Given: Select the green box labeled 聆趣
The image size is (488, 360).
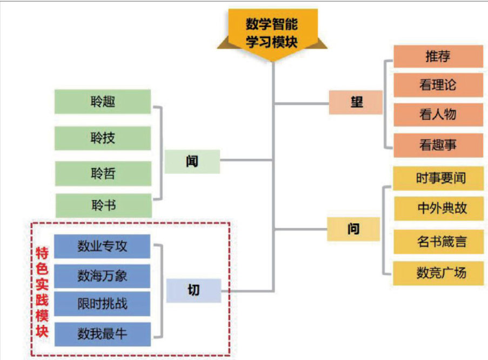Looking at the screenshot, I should click(x=103, y=102).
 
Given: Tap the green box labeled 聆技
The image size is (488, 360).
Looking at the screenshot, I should click(x=103, y=138).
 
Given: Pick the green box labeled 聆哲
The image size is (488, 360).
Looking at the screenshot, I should click(x=103, y=174).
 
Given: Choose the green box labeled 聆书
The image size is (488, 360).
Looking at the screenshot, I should click(x=103, y=205).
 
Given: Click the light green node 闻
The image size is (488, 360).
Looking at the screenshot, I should click(x=192, y=161).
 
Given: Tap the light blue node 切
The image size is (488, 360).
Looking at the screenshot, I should click(x=193, y=290).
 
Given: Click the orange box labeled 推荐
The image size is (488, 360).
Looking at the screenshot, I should click(x=438, y=56).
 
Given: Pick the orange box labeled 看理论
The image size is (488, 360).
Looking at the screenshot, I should click(x=438, y=85).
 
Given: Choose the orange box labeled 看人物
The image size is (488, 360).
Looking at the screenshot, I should click(x=438, y=114).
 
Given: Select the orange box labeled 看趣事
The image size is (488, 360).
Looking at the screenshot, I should click(x=438, y=145).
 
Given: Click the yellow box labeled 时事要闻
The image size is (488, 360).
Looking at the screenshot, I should click(x=438, y=178).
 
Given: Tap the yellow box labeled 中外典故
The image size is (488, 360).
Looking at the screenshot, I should click(x=438, y=209).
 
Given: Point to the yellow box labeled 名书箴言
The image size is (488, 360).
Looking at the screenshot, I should click(x=438, y=241).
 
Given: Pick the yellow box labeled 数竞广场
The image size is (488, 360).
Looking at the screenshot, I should click(x=438, y=273).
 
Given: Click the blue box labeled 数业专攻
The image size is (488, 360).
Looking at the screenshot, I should click(x=102, y=246).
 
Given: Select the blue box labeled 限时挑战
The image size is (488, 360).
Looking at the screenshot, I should click(x=102, y=303).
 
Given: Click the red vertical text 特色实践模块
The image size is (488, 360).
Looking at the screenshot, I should click(x=42, y=292).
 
